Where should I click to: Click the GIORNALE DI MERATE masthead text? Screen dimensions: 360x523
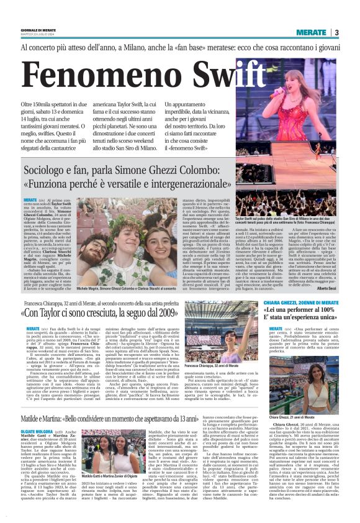pyautogui.click(x=38, y=30)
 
